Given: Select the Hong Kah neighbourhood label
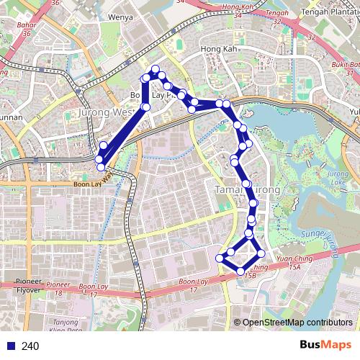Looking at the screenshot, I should tap(217, 50).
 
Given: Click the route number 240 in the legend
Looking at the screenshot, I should tap(30, 346).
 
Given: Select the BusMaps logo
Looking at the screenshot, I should tap(324, 346).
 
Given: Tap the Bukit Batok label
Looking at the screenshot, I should tap(344, 66).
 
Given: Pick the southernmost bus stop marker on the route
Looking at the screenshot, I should tap(240, 271).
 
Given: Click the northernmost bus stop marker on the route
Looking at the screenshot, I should tap(155, 68).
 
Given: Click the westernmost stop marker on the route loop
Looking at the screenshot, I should tap(99, 158).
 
